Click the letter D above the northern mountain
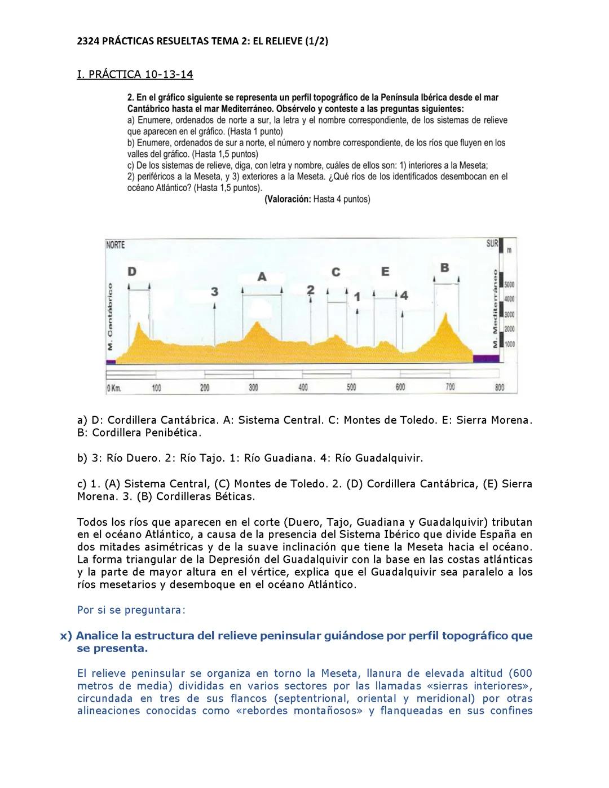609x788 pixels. click(x=131, y=271)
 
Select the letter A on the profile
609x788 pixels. click(x=262, y=277)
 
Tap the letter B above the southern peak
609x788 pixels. click(x=444, y=267)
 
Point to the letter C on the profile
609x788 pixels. click(x=336, y=272)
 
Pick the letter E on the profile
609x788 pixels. click(x=385, y=272)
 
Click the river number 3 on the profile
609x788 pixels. click(x=214, y=291)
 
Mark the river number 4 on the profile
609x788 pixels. click(x=404, y=296)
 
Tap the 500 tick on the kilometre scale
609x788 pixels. click(x=351, y=388)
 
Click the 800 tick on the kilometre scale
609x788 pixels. click(x=499, y=388)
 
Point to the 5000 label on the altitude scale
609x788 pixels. click(x=510, y=284)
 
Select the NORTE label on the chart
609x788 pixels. click(x=116, y=245)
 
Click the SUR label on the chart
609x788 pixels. click(x=492, y=244)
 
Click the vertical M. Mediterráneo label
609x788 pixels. click(x=495, y=308)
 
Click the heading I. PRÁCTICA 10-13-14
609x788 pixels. click(x=135, y=74)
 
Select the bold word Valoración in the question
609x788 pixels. click(x=288, y=199)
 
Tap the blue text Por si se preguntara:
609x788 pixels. click(x=131, y=610)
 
